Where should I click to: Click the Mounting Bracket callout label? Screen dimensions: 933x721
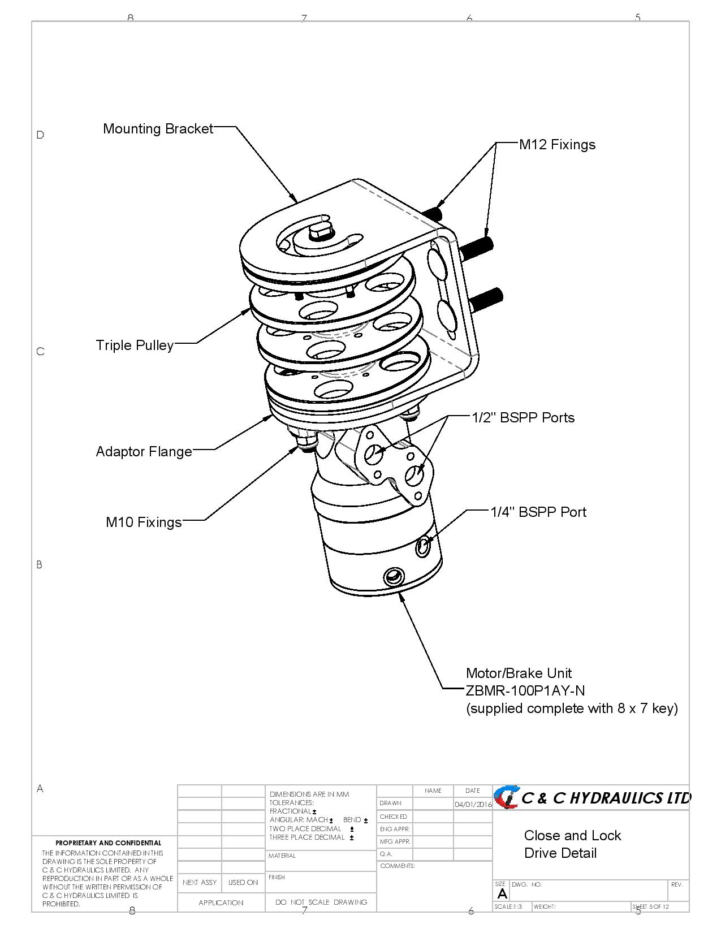point(158,129)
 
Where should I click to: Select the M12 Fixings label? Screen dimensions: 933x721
point(557,145)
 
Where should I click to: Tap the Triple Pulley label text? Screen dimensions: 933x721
point(135,345)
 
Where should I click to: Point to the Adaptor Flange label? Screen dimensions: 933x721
point(144,452)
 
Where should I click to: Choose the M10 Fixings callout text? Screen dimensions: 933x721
point(144,522)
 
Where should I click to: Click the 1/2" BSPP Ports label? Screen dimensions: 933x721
point(523,418)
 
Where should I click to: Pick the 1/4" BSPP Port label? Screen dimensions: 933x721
point(538,512)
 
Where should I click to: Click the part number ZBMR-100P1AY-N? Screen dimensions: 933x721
point(525,690)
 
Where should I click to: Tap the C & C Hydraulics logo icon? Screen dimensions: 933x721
point(506,797)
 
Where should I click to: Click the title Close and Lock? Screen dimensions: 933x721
point(572,836)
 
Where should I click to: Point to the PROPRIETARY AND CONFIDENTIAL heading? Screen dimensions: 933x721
point(108,843)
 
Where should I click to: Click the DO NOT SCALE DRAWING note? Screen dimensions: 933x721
point(321,902)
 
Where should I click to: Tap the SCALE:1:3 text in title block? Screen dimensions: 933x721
point(508,907)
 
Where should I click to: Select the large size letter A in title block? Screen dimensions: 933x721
point(502,895)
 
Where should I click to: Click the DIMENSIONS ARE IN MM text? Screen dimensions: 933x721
point(309,794)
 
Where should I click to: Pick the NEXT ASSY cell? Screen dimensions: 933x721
point(200,883)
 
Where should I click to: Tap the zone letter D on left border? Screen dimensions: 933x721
point(40,135)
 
